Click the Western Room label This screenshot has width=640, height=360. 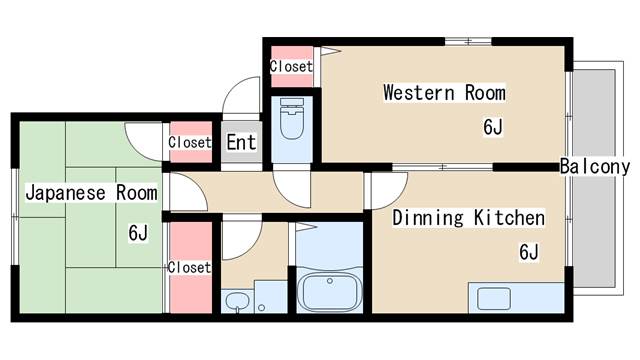coord(444,93)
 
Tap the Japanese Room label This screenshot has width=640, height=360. coord(91,193)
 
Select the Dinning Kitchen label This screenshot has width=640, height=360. coord(469,218)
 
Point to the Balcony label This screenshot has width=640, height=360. coord(595,167)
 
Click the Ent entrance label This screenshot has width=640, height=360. coord(241,142)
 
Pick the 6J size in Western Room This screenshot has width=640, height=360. coord(493,127)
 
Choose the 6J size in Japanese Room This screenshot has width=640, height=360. coord(138,233)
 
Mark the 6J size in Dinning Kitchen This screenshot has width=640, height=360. coord(529,251)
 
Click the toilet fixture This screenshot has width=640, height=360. coord(292,118)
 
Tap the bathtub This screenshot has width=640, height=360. coord(330,291)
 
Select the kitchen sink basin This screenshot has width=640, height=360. coord(494,298)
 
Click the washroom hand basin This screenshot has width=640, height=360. coord(237,302)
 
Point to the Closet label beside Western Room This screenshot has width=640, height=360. coord(291,66)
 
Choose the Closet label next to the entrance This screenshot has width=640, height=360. coord(190,142)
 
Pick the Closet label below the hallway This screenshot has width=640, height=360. coord(189,267)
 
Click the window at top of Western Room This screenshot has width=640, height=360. coord(468,41)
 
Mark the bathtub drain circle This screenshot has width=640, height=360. coord(330,281)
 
